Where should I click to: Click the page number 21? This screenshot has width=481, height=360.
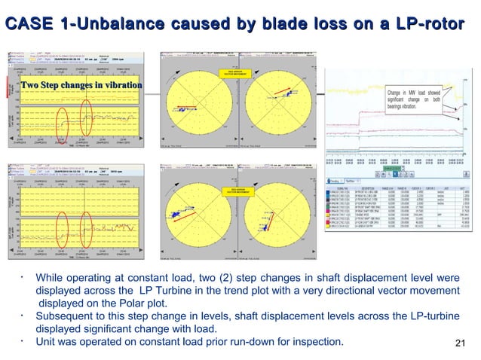coord(463,344)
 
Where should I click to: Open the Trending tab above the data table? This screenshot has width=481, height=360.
coord(334,180)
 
